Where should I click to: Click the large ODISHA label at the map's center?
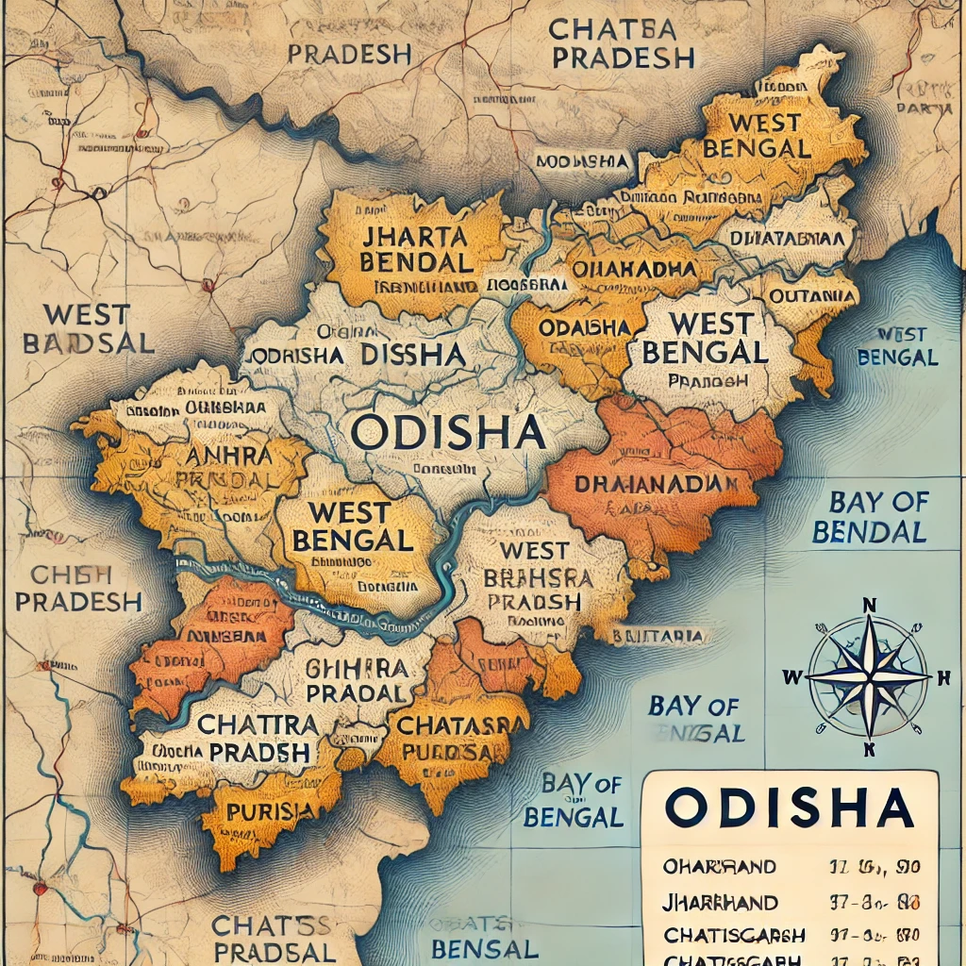447,432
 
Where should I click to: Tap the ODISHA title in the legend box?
789,809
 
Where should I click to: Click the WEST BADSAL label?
87,328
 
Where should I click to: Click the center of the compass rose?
869,676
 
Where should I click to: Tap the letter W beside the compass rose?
791,676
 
